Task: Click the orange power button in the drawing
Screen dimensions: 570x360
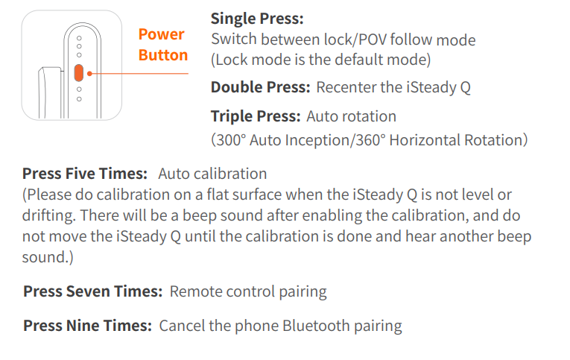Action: [79, 73]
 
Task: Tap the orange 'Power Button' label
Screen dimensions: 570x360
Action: [163, 45]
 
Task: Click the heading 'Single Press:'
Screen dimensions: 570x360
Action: [257, 19]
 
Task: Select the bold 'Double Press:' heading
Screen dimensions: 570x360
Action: [260, 87]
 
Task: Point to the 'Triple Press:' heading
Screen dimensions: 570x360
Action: [256, 116]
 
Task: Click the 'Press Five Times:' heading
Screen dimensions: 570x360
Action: [85, 174]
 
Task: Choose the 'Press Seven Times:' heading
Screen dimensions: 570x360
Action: [92, 291]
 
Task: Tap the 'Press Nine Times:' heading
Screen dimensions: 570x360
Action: [87, 326]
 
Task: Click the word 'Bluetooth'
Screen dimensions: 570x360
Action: [316, 326]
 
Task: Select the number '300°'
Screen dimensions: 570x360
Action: [229, 140]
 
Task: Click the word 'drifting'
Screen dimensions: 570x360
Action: [48, 215]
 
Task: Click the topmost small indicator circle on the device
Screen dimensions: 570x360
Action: [79, 38]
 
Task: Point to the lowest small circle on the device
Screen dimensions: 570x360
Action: [79, 99]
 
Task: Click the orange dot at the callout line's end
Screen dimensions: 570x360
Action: [89, 74]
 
